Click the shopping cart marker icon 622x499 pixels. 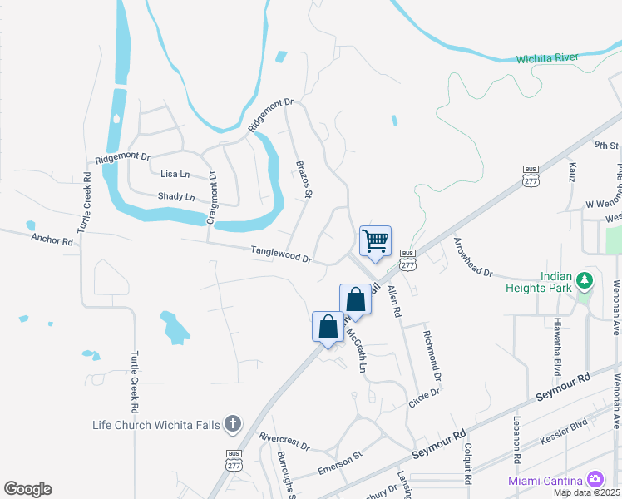[375, 241]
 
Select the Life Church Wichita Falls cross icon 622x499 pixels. [232, 424]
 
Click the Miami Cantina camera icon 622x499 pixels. [595, 479]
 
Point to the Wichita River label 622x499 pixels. [547, 58]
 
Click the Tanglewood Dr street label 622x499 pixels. [281, 254]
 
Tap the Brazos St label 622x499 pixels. [304, 180]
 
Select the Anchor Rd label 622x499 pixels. [52, 240]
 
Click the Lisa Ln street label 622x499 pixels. [175, 175]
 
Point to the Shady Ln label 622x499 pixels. [175, 197]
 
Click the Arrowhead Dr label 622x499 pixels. [472, 258]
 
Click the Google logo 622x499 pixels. [27, 489]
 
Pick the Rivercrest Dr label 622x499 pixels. [284, 441]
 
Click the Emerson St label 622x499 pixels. [341, 463]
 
